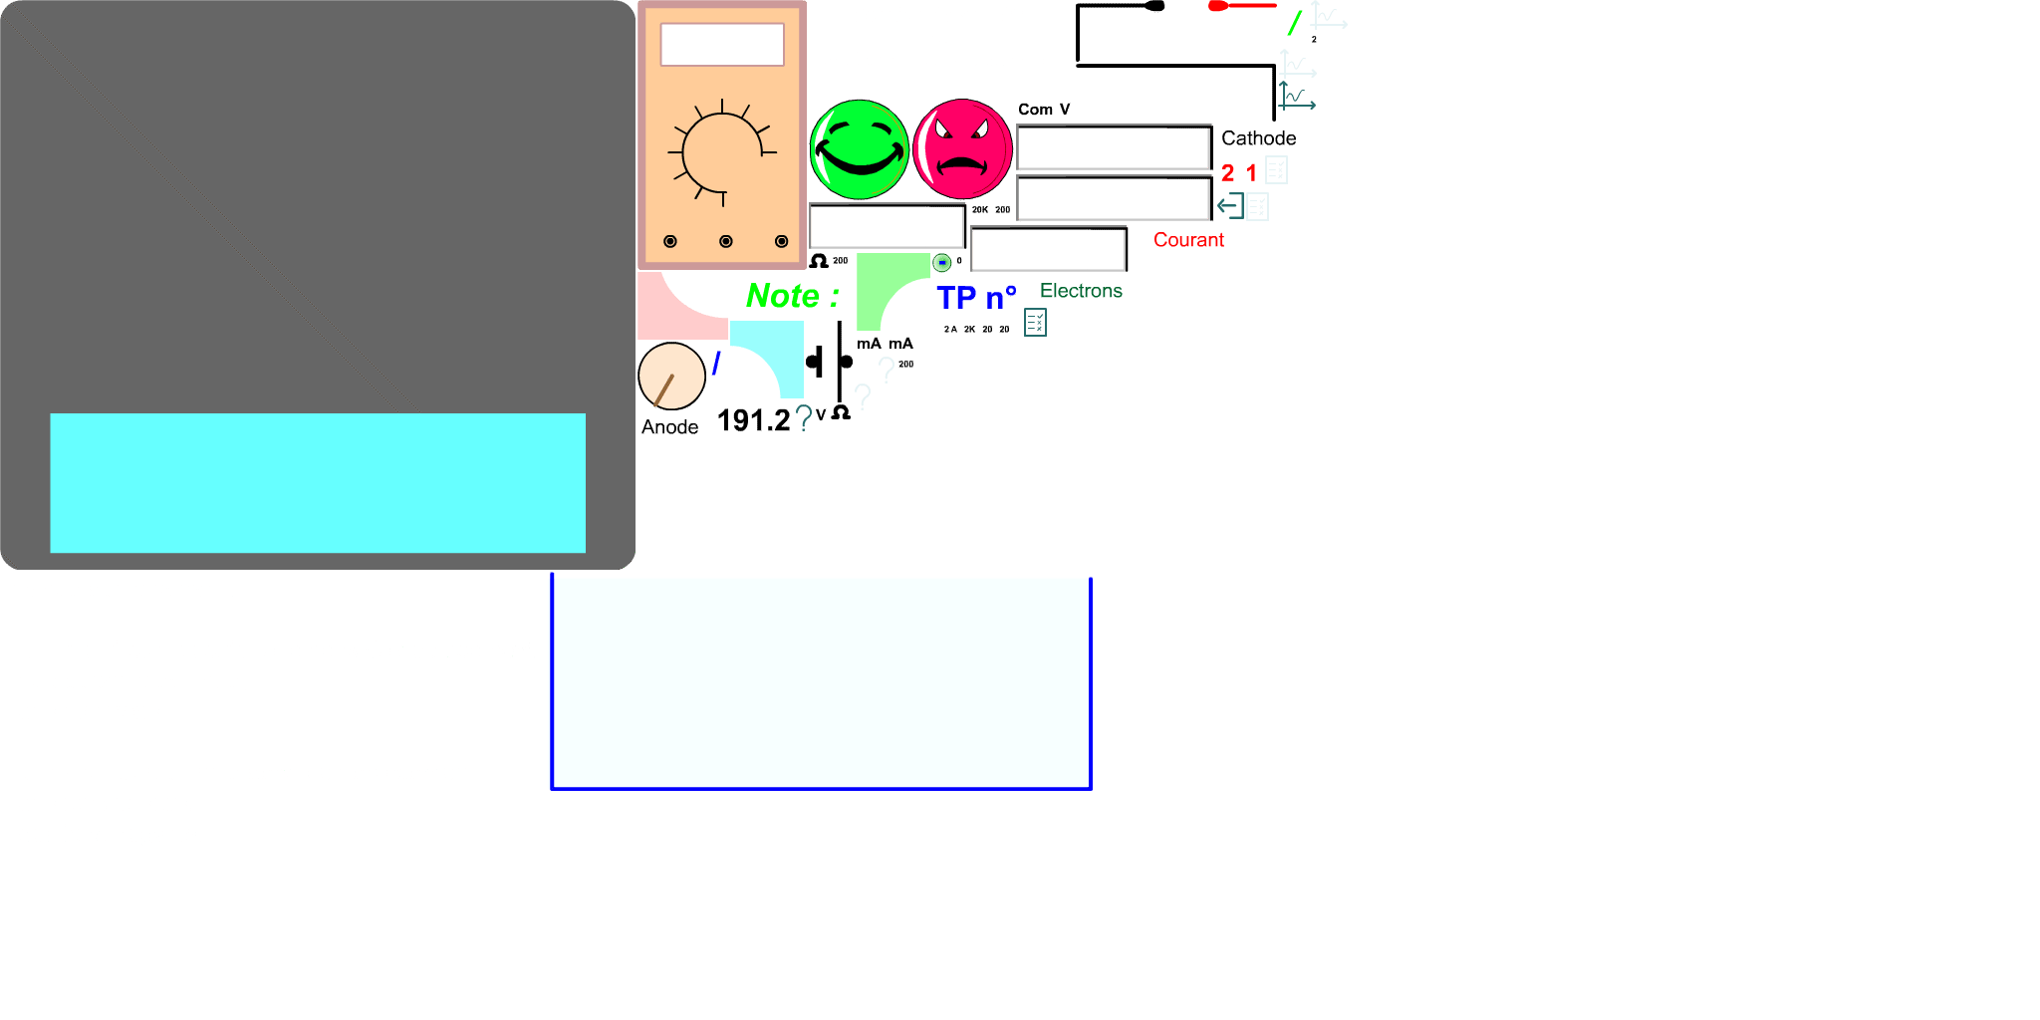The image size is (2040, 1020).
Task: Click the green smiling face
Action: pyautogui.click(x=859, y=149)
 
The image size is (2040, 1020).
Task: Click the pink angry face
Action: pyautogui.click(x=962, y=149)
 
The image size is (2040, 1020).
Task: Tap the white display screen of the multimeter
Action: pyautogui.click(x=722, y=45)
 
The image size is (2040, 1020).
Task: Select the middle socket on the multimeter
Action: pyautogui.click(x=725, y=241)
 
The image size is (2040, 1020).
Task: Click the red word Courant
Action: pyautogui.click(x=1188, y=240)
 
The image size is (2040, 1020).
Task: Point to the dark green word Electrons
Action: pyautogui.click(x=1081, y=291)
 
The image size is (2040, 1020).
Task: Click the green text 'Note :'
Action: pyautogui.click(x=792, y=296)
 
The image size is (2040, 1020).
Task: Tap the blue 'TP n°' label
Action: pyautogui.click(x=975, y=298)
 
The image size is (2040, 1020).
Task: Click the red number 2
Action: pyautogui.click(x=1228, y=173)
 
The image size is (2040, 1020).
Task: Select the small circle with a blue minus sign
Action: pyautogui.click(x=942, y=263)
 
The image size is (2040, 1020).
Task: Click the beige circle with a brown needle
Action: pyautogui.click(x=671, y=377)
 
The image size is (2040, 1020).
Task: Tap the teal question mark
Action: pyautogui.click(x=804, y=418)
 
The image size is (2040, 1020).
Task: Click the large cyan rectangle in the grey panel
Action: pyautogui.click(x=318, y=483)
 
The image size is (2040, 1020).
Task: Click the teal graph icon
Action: pyautogui.click(x=1297, y=97)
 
